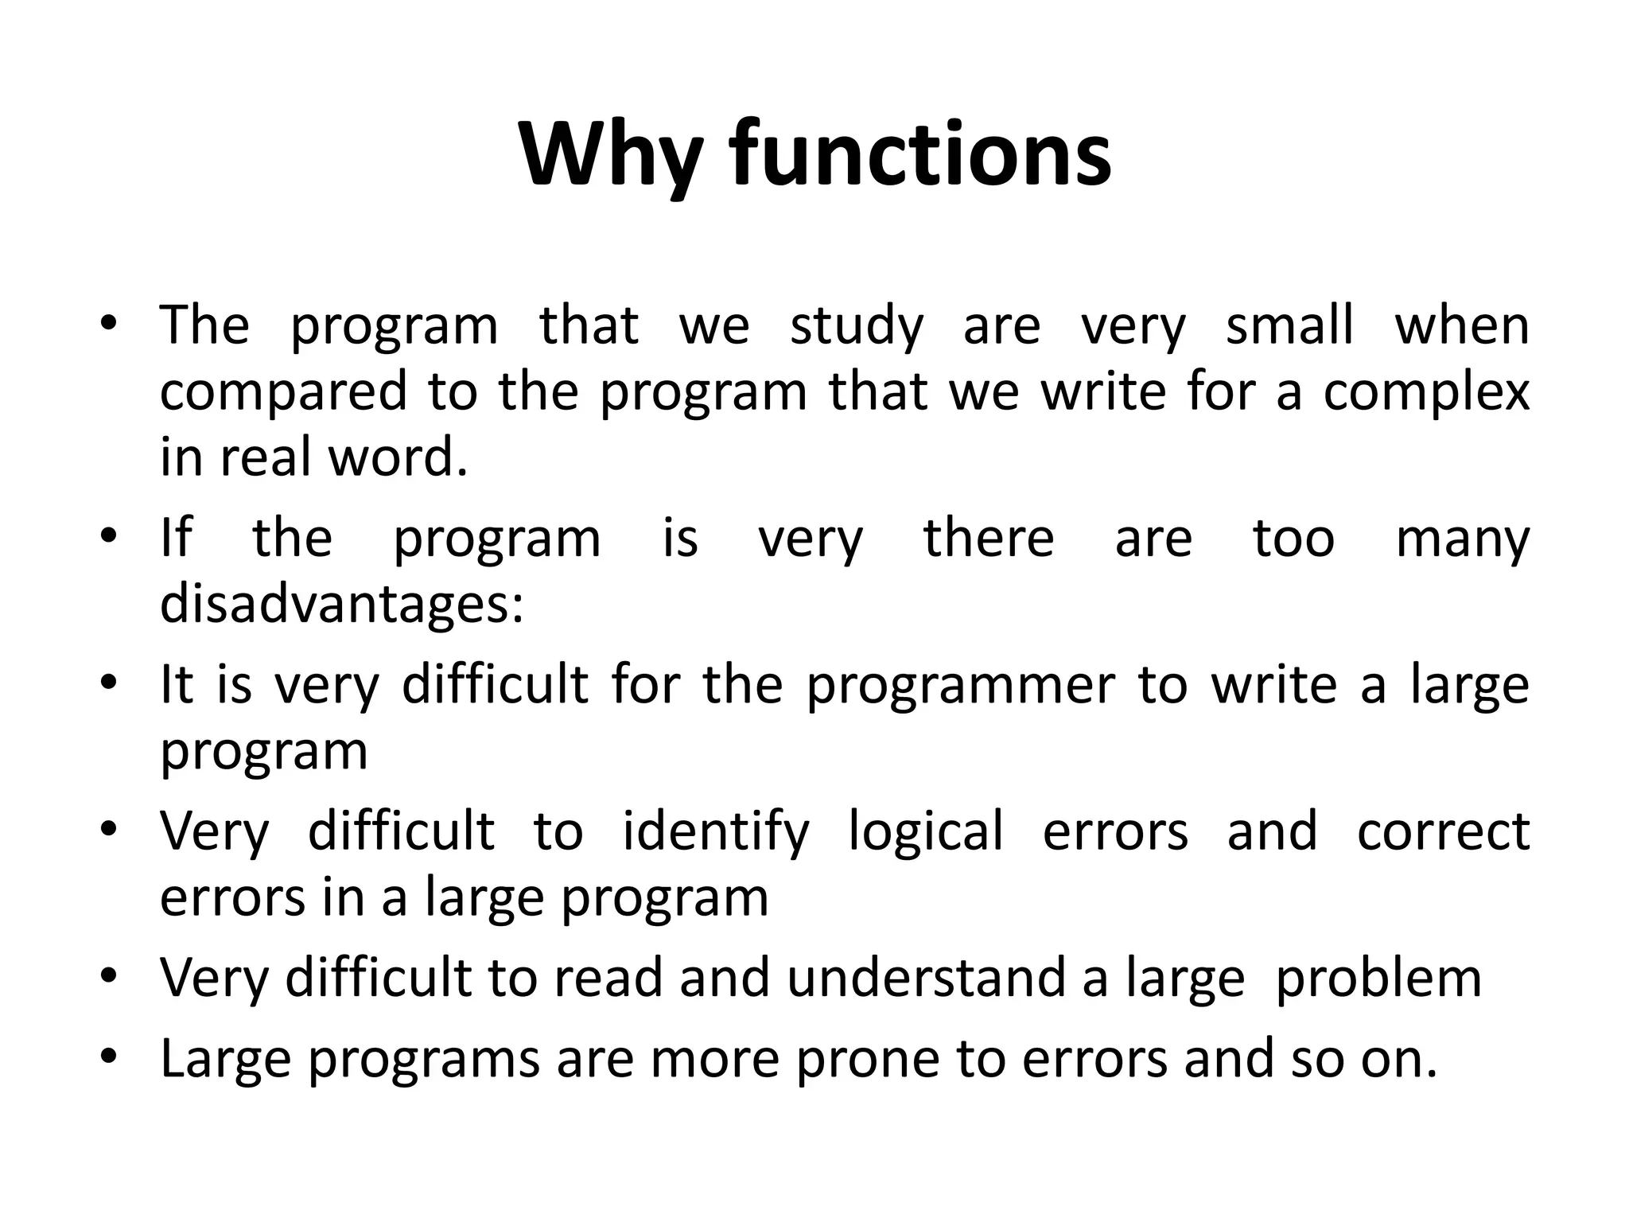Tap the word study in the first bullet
tap(856, 325)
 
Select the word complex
tap(1426, 391)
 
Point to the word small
tap(1289, 325)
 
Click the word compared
tap(284, 391)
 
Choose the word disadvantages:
tap(342, 604)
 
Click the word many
tap(1462, 539)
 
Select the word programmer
tap(960, 685)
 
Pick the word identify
tap(715, 831)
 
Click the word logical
tap(925, 831)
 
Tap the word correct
tap(1443, 831)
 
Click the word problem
tap(1378, 978)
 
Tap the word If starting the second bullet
tap(176, 539)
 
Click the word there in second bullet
tap(989, 539)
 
